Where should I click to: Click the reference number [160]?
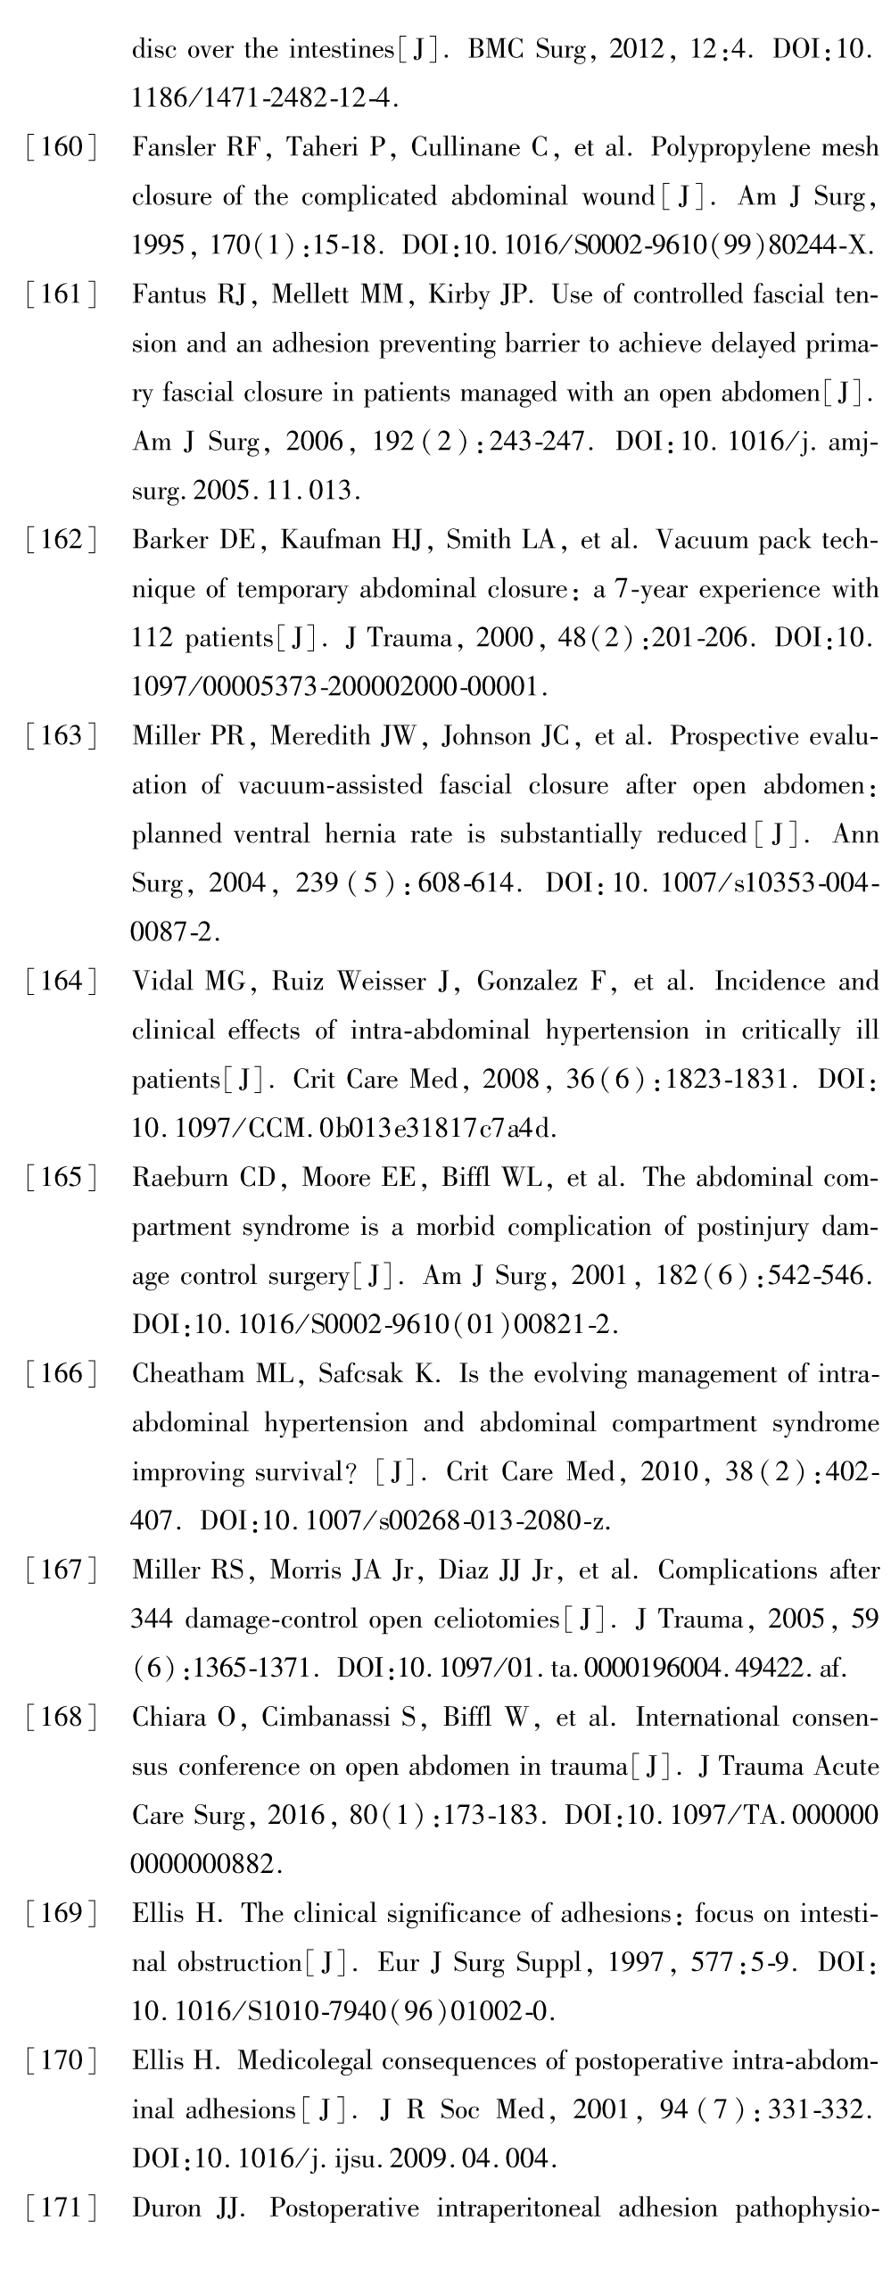(x=60, y=147)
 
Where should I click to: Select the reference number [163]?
(x=60, y=736)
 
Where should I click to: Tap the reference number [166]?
(x=60, y=1374)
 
